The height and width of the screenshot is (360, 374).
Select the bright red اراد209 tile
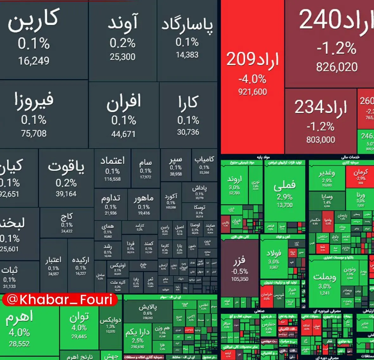tap(252, 76)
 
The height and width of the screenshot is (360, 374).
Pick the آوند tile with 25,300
tap(123, 40)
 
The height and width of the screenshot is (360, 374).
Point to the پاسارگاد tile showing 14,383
tap(187, 40)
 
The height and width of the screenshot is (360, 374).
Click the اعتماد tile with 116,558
tap(112, 168)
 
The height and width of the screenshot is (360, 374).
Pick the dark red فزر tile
tap(240, 269)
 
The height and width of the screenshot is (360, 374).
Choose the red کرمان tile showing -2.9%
tap(360, 176)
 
